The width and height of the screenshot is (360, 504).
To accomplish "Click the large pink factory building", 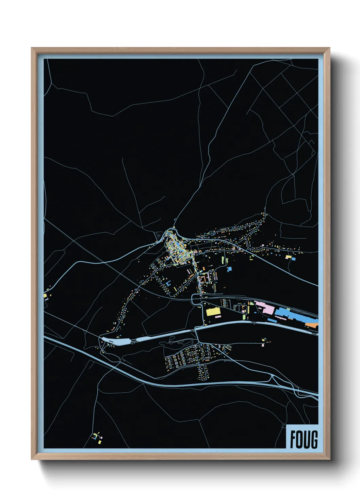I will click(265, 307).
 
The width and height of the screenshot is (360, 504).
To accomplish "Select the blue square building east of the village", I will click(229, 269).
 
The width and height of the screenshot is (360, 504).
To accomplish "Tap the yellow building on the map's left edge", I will click(45, 296).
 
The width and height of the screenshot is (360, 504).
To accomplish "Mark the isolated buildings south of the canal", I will click(264, 342).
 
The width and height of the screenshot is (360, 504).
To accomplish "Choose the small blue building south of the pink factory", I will click(272, 320).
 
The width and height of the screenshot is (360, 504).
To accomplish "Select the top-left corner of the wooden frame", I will click(32, 48).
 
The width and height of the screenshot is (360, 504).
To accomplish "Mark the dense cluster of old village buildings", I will click(177, 250).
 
